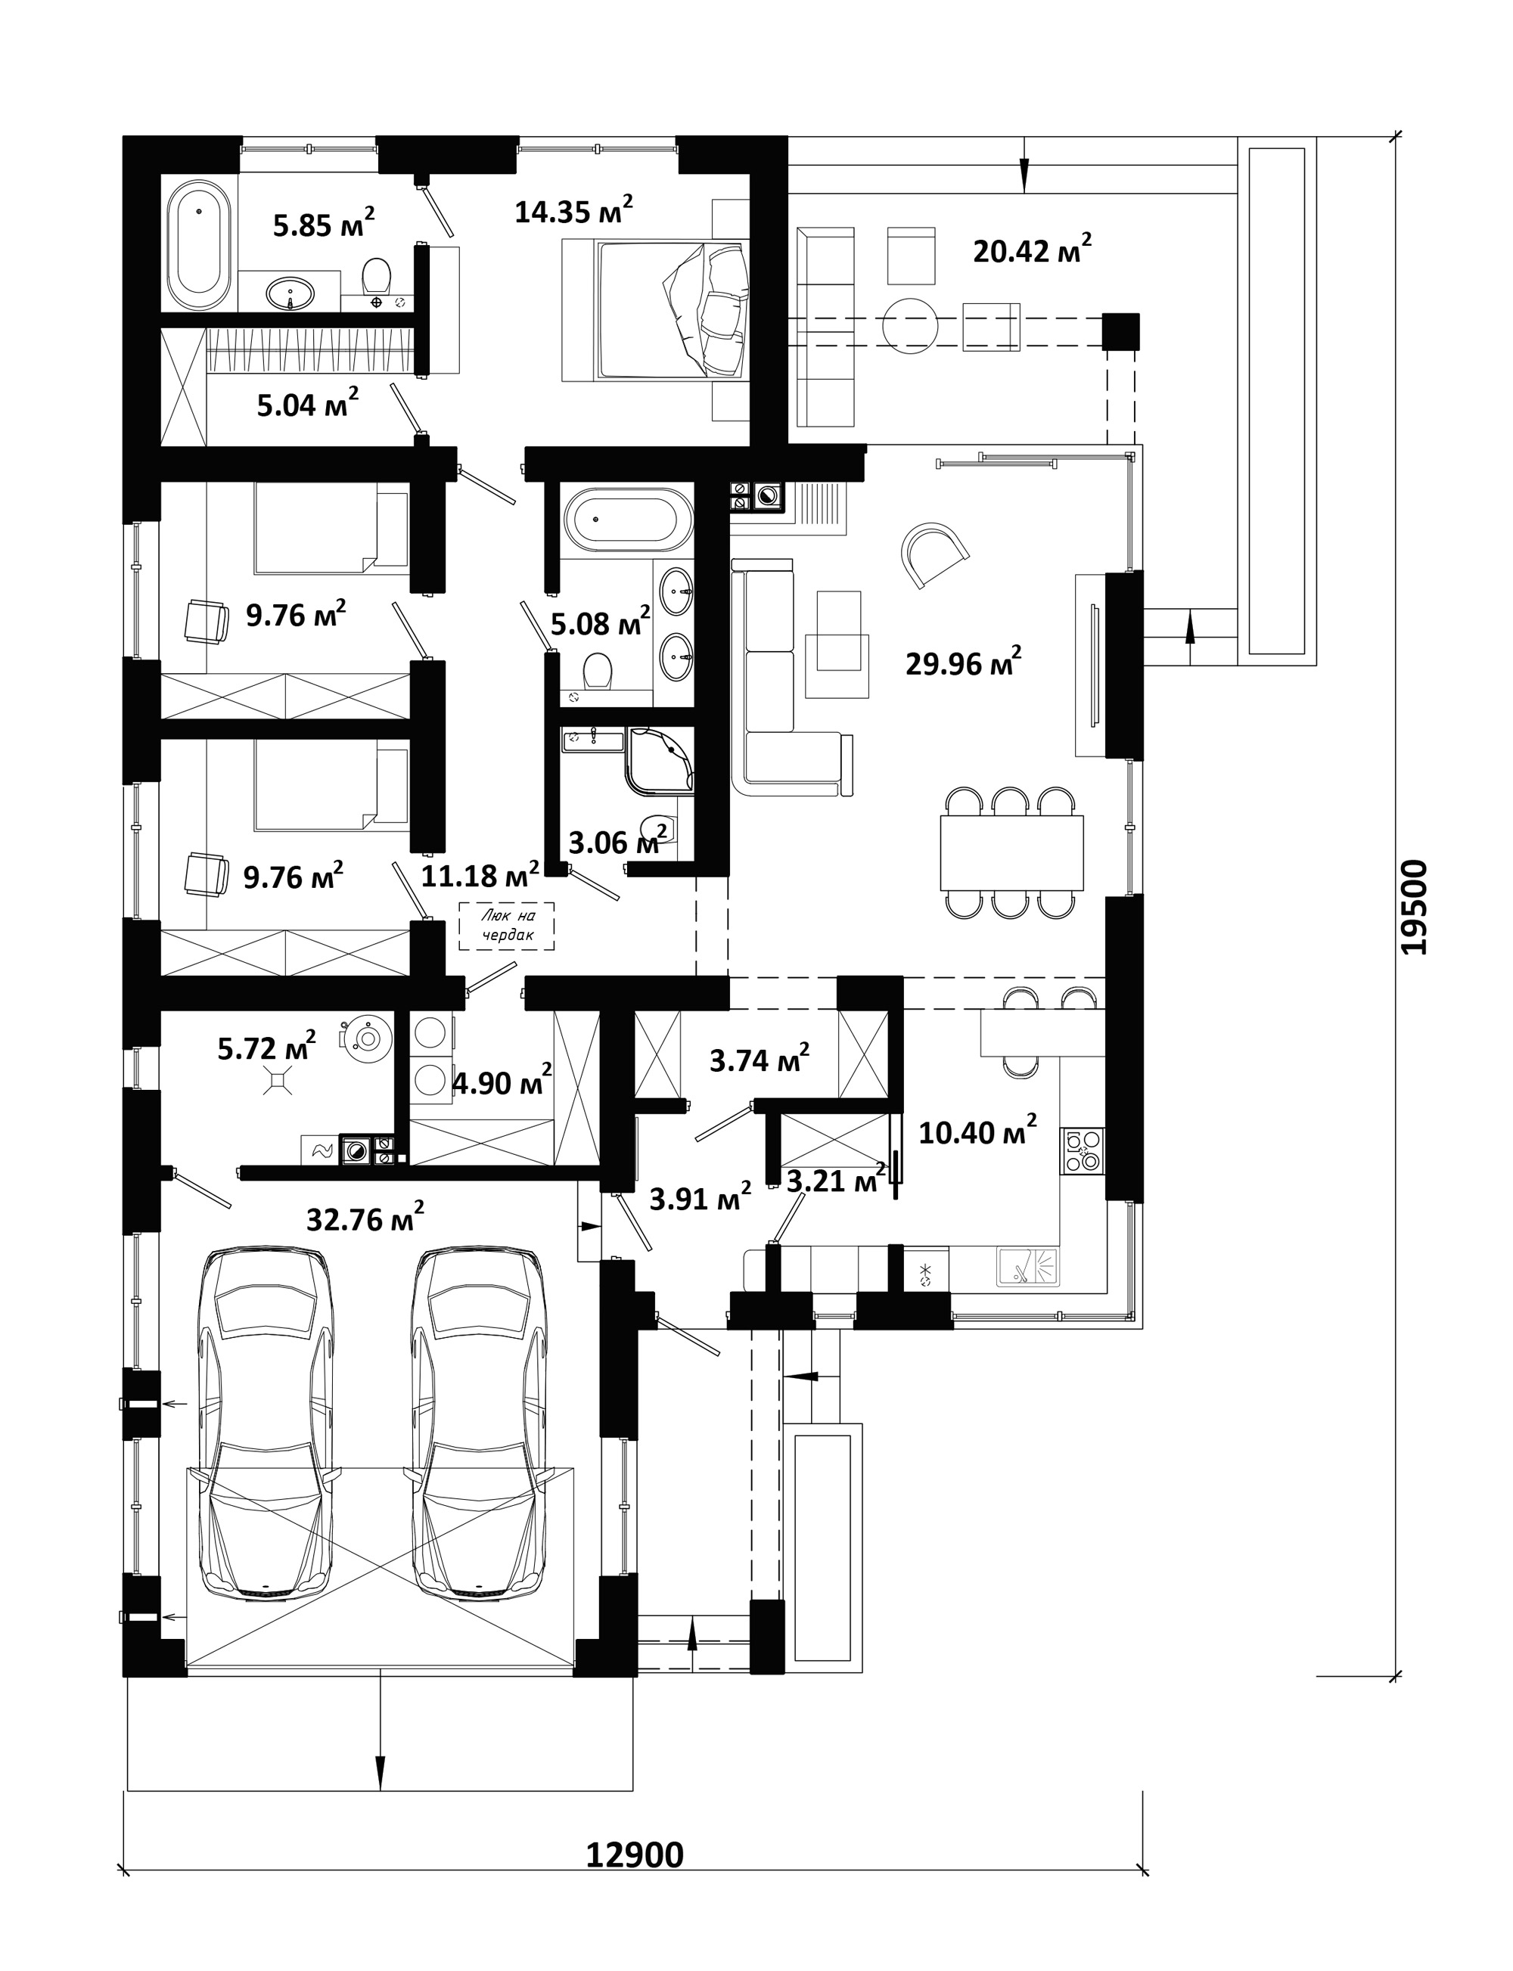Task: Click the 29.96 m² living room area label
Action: (963, 663)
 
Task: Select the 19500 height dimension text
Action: (1415, 907)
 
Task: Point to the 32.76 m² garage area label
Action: (365, 1218)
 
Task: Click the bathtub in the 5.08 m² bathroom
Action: (629, 520)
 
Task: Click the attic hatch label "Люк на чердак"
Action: (507, 926)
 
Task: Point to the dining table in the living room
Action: (1011, 852)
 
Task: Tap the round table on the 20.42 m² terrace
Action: (912, 325)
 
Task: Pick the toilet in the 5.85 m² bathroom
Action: (377, 275)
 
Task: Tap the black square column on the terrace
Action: (1121, 331)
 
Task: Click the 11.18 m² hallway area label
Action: (480, 874)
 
